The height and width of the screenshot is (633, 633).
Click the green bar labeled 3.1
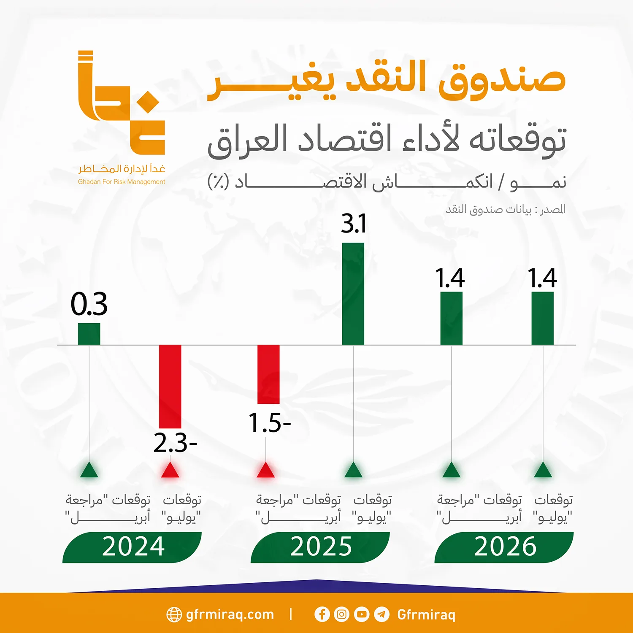point(353,294)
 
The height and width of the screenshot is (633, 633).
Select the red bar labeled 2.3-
point(170,386)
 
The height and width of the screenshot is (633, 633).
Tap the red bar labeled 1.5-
point(268,374)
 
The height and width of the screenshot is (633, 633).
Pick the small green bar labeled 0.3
point(89,334)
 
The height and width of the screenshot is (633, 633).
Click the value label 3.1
point(354,223)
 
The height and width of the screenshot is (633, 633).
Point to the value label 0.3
point(89,304)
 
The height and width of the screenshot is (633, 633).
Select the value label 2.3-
point(175,443)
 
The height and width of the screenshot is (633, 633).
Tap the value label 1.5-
point(269,423)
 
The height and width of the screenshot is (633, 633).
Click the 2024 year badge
point(133,547)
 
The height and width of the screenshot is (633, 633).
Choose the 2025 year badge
point(320,547)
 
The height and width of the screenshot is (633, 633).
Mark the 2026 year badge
point(504,547)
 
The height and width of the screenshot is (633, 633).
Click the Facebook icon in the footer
point(322,614)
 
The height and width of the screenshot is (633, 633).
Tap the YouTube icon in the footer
point(362,614)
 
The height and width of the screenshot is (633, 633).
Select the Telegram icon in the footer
point(381,614)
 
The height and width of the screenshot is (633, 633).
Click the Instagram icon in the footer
point(342,614)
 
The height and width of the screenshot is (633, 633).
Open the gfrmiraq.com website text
point(230,614)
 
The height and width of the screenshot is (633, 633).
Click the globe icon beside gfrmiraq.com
point(174,615)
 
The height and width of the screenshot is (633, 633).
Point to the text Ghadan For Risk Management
point(122,182)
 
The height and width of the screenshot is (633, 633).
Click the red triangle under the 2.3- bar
point(170,471)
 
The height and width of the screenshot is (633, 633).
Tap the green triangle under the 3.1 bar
point(353,470)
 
